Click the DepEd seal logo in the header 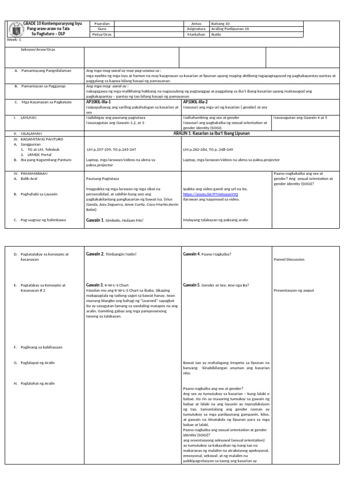click(x=13, y=28)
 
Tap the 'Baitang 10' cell click(x=221, y=22)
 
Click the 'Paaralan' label click(x=102, y=22)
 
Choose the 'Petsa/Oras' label click(x=102, y=35)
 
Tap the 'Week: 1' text click(x=14, y=40)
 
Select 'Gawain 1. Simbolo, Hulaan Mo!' click(x=115, y=220)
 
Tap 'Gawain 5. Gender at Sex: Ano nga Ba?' click(x=216, y=285)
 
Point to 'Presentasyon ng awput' click(x=293, y=290)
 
